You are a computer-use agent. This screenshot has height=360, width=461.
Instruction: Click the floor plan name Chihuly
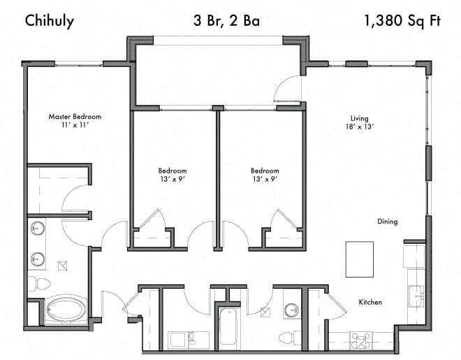pos(50,20)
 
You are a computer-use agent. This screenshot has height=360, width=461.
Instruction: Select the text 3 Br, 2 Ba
pos(226,20)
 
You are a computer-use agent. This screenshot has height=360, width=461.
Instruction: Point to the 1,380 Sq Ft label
pos(402,20)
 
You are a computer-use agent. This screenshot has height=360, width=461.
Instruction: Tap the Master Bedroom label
pos(75,116)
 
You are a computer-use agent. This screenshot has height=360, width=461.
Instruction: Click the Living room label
pos(360,118)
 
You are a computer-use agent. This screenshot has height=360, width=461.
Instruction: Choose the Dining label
pos(387,222)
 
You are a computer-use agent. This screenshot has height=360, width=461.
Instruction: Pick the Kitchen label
pos(369,302)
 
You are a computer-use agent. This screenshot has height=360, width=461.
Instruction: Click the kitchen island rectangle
pos(360,259)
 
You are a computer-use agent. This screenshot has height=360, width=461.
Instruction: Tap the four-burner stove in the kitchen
pos(363,340)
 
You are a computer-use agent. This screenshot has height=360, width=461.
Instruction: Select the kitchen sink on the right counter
pos(418,295)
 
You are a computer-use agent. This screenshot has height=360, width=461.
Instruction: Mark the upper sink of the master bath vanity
pos(38,229)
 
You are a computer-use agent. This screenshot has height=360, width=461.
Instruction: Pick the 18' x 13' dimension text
pos(360,127)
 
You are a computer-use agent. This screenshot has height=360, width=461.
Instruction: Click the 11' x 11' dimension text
pos(75,125)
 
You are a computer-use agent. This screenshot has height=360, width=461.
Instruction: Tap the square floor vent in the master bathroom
pos(63,265)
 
